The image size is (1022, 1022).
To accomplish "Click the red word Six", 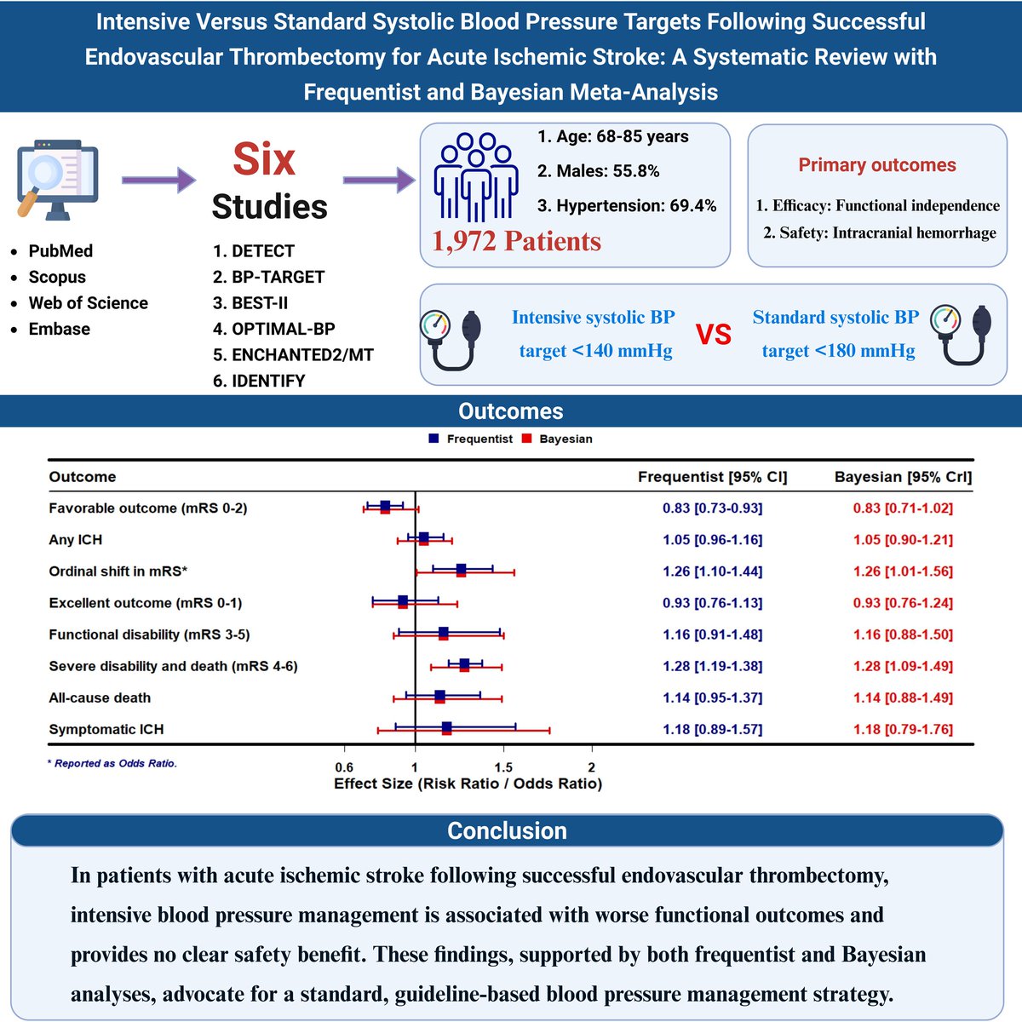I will click(x=264, y=159).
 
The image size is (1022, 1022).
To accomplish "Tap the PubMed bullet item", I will click(x=60, y=251).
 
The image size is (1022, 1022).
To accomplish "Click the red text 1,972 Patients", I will click(x=516, y=242).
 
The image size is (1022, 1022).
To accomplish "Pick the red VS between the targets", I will click(x=714, y=335).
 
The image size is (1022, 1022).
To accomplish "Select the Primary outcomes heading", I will click(x=877, y=165).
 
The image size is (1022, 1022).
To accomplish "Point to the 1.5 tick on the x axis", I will click(x=503, y=767).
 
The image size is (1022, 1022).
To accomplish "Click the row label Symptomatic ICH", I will click(x=106, y=729).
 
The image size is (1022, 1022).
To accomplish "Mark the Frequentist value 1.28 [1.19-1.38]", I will click(x=713, y=666).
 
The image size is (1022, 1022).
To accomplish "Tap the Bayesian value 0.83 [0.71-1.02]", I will click(x=903, y=508).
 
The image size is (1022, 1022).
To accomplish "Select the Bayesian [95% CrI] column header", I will click(x=903, y=477).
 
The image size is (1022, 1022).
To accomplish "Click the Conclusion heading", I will click(x=508, y=831).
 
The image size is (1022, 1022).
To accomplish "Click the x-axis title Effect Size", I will click(x=468, y=784).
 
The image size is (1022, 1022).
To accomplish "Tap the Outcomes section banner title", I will click(x=511, y=411).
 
